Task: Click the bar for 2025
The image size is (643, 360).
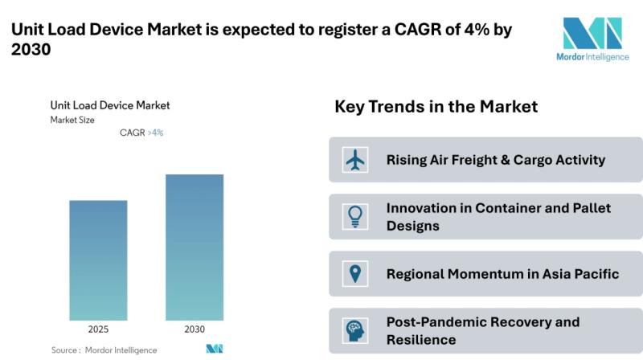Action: point(98,260)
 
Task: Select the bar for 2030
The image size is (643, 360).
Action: point(195,247)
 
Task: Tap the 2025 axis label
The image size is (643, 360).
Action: point(98,329)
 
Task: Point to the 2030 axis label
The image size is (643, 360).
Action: point(195,329)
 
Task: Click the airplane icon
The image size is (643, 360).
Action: point(355,159)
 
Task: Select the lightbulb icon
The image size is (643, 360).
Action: point(355,216)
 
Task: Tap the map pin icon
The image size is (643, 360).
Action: point(355,273)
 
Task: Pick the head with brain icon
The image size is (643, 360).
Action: point(355,331)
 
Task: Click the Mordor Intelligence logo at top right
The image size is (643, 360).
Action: point(592,39)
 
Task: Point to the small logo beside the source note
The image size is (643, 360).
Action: point(215,349)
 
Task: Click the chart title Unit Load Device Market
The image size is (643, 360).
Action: point(110,105)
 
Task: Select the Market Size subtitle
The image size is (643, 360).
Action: point(72,121)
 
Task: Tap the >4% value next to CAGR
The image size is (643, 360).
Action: point(155,133)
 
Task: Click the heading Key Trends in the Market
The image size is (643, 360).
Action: point(436,107)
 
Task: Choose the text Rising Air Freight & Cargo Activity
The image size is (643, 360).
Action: point(496,159)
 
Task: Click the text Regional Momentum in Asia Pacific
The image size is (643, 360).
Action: point(503,273)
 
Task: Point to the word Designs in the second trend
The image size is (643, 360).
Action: point(413,226)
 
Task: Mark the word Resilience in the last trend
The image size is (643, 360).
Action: point(421,340)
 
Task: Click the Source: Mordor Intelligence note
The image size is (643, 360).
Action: point(104,350)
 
